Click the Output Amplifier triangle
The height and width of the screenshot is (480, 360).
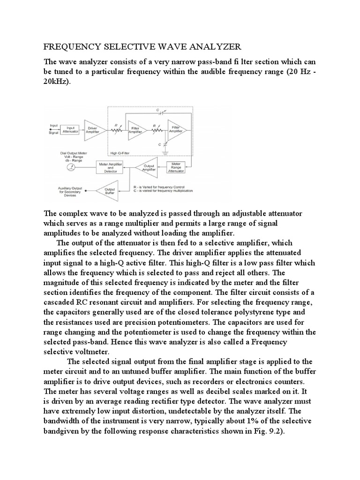(147, 167)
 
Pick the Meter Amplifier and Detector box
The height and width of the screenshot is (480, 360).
(110, 167)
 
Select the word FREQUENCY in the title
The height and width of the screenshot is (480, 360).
(69, 47)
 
